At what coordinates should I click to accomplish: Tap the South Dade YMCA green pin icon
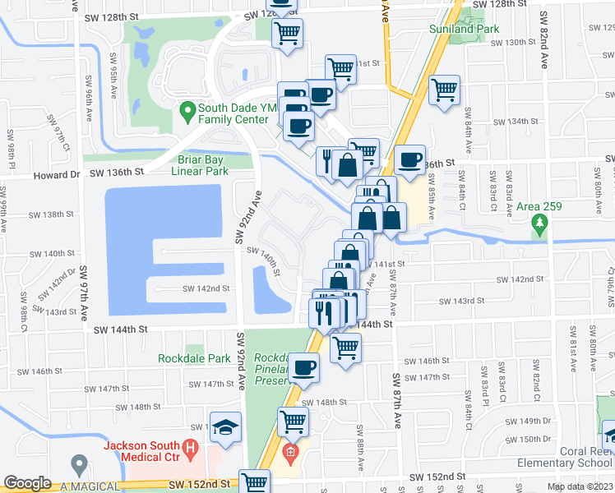coord(187,109)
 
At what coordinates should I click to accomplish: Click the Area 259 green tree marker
coord(539,222)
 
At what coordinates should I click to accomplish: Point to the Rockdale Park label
coord(194,358)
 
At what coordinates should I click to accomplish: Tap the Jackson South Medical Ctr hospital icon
coord(191,450)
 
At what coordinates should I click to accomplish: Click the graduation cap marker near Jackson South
coord(225,428)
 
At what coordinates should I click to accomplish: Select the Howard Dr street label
coord(57,175)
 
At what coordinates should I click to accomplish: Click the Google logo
coord(28,483)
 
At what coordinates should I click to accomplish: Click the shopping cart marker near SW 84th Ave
coord(444,90)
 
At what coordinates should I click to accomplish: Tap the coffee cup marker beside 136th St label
coord(409,160)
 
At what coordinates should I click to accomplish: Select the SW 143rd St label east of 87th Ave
coord(461,301)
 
